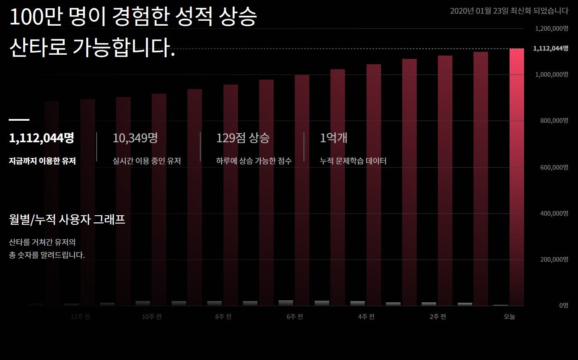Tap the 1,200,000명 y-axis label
point(551,29)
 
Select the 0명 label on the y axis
point(563,306)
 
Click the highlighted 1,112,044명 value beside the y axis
point(550,49)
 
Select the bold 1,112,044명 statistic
point(41,138)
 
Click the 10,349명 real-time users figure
point(135,138)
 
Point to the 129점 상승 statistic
point(243,138)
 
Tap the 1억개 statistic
point(333,138)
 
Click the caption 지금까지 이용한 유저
point(42,161)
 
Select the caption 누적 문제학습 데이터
point(353,161)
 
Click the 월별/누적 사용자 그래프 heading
point(67,220)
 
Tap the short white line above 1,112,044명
point(19,120)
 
